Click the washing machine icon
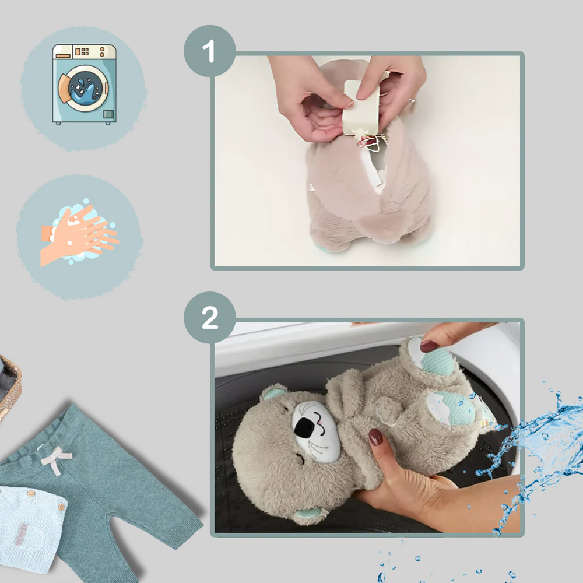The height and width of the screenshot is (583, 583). click(x=85, y=85)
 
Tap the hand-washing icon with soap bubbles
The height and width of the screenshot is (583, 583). click(x=79, y=233)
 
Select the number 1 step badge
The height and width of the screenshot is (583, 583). click(x=210, y=51)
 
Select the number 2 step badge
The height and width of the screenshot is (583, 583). click(x=210, y=318)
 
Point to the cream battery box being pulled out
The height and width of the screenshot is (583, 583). click(x=361, y=108)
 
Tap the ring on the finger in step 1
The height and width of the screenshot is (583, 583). click(x=412, y=100)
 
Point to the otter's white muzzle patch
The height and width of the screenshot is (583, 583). click(x=316, y=431)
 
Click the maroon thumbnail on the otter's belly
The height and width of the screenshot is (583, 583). click(x=375, y=437)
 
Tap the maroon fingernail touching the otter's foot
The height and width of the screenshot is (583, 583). click(x=429, y=346)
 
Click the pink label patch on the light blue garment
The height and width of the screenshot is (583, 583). click(x=21, y=534)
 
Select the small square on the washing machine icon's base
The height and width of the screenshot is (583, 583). click(x=108, y=114)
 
